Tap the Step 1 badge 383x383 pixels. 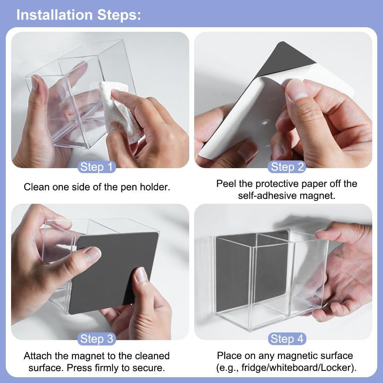97,167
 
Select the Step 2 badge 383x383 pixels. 287,167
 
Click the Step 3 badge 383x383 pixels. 97,339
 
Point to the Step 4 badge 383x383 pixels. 287,339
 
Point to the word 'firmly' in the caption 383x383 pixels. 108,368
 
